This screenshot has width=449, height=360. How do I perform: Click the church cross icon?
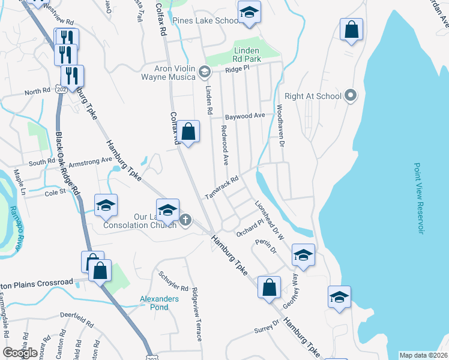pyautogui.click(x=185, y=220)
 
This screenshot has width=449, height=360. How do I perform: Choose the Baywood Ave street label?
pyautogui.click(x=245, y=116)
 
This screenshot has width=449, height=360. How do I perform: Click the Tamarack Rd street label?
pyautogui.click(x=221, y=187)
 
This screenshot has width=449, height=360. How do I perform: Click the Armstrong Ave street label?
pyautogui.click(x=91, y=161)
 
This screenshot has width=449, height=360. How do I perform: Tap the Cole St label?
pyautogui.click(x=55, y=193)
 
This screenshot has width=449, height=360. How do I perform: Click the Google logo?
pyautogui.click(x=20, y=353)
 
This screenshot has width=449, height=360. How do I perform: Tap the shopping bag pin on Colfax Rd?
pyautogui.click(x=188, y=131)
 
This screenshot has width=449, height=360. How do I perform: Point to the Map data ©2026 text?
pyautogui.click(x=424, y=355)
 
